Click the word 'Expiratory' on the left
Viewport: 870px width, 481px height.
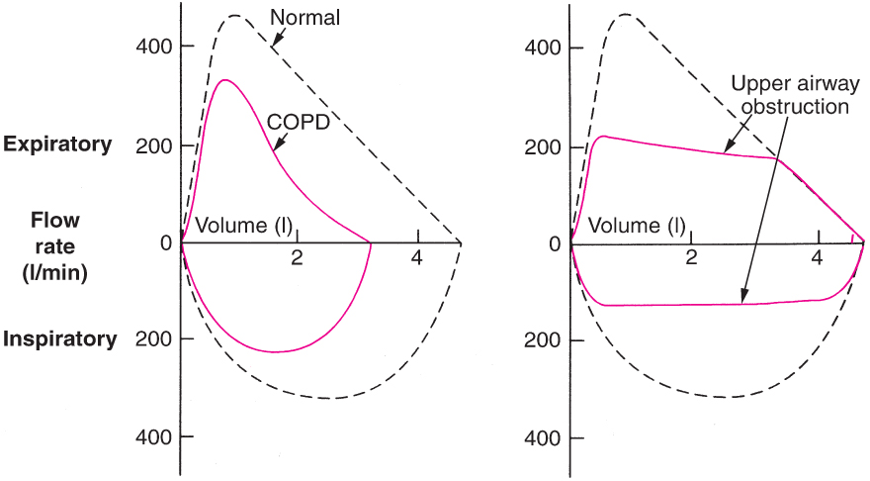pyautogui.click(x=57, y=144)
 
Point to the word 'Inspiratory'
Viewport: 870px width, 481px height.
pyautogui.click(x=60, y=339)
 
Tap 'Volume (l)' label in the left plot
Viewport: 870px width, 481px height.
pyautogui.click(x=244, y=226)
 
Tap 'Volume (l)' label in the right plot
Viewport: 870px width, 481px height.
pyautogui.click(x=638, y=227)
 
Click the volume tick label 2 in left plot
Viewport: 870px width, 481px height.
pyautogui.click(x=298, y=259)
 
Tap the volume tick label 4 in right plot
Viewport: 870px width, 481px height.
pyautogui.click(x=817, y=259)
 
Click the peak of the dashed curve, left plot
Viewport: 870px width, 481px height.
pyautogui.click(x=234, y=16)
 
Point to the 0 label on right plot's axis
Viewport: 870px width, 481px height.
pyautogui.click(x=555, y=243)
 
